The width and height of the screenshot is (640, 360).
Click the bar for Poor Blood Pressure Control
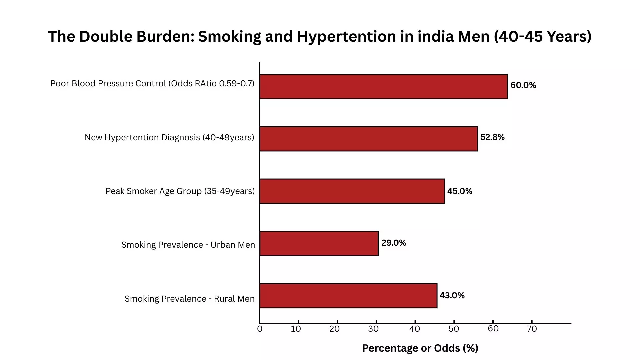[x=383, y=87]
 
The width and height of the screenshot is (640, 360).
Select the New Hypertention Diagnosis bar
[x=368, y=139]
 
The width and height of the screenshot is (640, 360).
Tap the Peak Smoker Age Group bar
[x=352, y=191]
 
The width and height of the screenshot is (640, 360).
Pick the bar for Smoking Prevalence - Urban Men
[x=319, y=243]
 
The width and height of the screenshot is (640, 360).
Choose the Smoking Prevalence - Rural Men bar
[x=348, y=296]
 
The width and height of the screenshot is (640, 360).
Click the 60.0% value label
[x=523, y=85]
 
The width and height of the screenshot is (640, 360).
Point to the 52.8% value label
[x=492, y=137]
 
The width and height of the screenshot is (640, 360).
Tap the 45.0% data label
[x=460, y=191]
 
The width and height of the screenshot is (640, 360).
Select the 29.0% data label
[x=394, y=243]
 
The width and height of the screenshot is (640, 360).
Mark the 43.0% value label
[x=452, y=296]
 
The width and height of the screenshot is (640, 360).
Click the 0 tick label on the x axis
[x=260, y=329]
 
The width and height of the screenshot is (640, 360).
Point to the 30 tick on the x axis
[x=373, y=329]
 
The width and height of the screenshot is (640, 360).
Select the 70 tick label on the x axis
[x=532, y=329]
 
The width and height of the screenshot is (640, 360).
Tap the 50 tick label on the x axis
[x=454, y=329]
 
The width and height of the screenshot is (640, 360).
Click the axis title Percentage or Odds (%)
[x=420, y=348]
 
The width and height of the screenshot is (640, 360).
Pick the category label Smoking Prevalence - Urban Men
[x=188, y=245]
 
